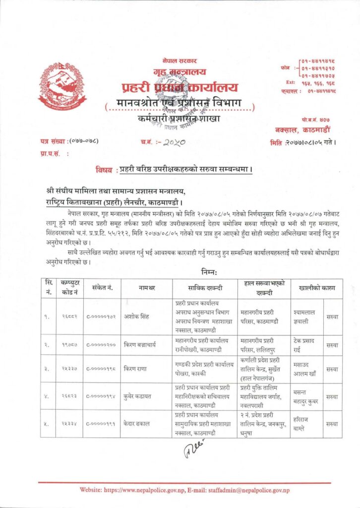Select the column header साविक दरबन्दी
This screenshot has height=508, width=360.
click(x=204, y=288)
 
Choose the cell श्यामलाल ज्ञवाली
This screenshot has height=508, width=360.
click(x=306, y=316)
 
